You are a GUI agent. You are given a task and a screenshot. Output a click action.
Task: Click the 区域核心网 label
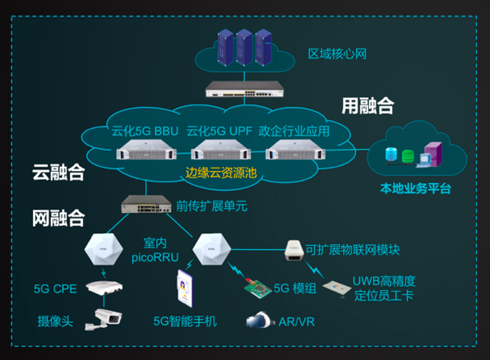click(337, 53)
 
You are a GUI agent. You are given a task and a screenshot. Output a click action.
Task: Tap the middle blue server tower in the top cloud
click(244, 47)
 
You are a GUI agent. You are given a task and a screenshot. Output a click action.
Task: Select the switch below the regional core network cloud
click(244, 89)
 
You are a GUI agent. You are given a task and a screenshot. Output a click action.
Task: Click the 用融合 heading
click(367, 106)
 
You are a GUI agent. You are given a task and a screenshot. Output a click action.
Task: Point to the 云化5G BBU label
click(145, 131)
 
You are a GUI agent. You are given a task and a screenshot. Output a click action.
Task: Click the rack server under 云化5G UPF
click(220, 150)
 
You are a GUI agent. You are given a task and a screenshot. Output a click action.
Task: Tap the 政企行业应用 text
click(294, 131)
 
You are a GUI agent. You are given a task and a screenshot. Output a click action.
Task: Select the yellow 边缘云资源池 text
click(221, 173)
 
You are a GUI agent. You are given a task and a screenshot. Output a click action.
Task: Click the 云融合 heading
click(58, 172)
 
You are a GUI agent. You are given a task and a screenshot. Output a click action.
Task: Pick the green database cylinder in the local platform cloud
click(408, 156)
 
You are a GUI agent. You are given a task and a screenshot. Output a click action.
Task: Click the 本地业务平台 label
click(415, 188)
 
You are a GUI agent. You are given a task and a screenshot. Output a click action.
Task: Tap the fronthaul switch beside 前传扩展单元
click(146, 204)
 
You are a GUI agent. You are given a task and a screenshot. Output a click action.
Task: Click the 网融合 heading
click(58, 218)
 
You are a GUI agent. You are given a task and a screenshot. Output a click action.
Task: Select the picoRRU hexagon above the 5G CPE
click(104, 249)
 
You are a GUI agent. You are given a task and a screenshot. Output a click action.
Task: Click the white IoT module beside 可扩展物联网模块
click(294, 250)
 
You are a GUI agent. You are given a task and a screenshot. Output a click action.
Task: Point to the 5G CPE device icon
click(104, 288)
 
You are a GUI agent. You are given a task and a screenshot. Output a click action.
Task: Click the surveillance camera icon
click(104, 319)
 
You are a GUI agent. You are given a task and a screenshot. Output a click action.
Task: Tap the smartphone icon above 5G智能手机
click(185, 288)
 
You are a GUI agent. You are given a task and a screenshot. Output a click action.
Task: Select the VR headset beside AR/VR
click(258, 320)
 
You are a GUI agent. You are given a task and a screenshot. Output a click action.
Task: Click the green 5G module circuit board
click(258, 288)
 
